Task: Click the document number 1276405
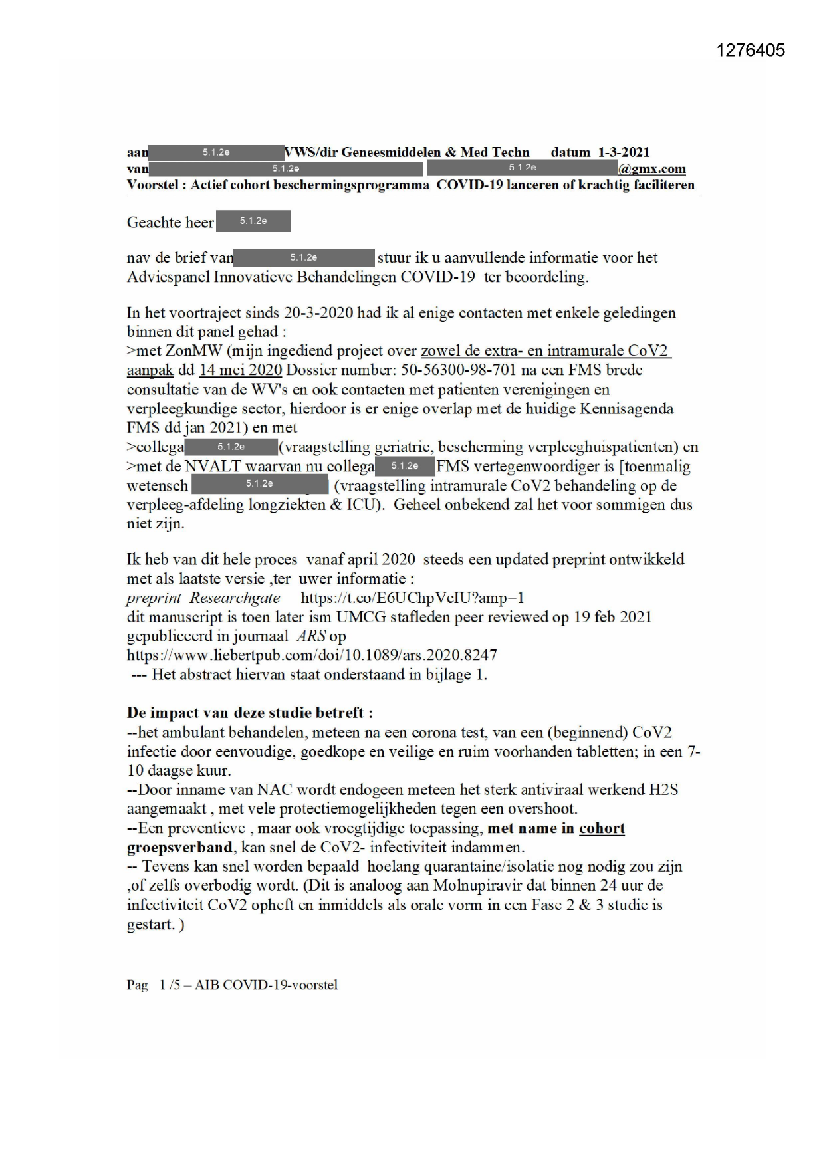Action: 751,51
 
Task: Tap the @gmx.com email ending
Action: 651,169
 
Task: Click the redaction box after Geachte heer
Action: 253,221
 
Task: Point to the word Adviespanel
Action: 168,277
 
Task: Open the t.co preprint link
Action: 412,598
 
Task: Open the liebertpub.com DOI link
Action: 312,655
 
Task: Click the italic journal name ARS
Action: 310,636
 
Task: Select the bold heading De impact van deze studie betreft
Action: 249,713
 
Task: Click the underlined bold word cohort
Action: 602,829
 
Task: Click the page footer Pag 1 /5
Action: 154,985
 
